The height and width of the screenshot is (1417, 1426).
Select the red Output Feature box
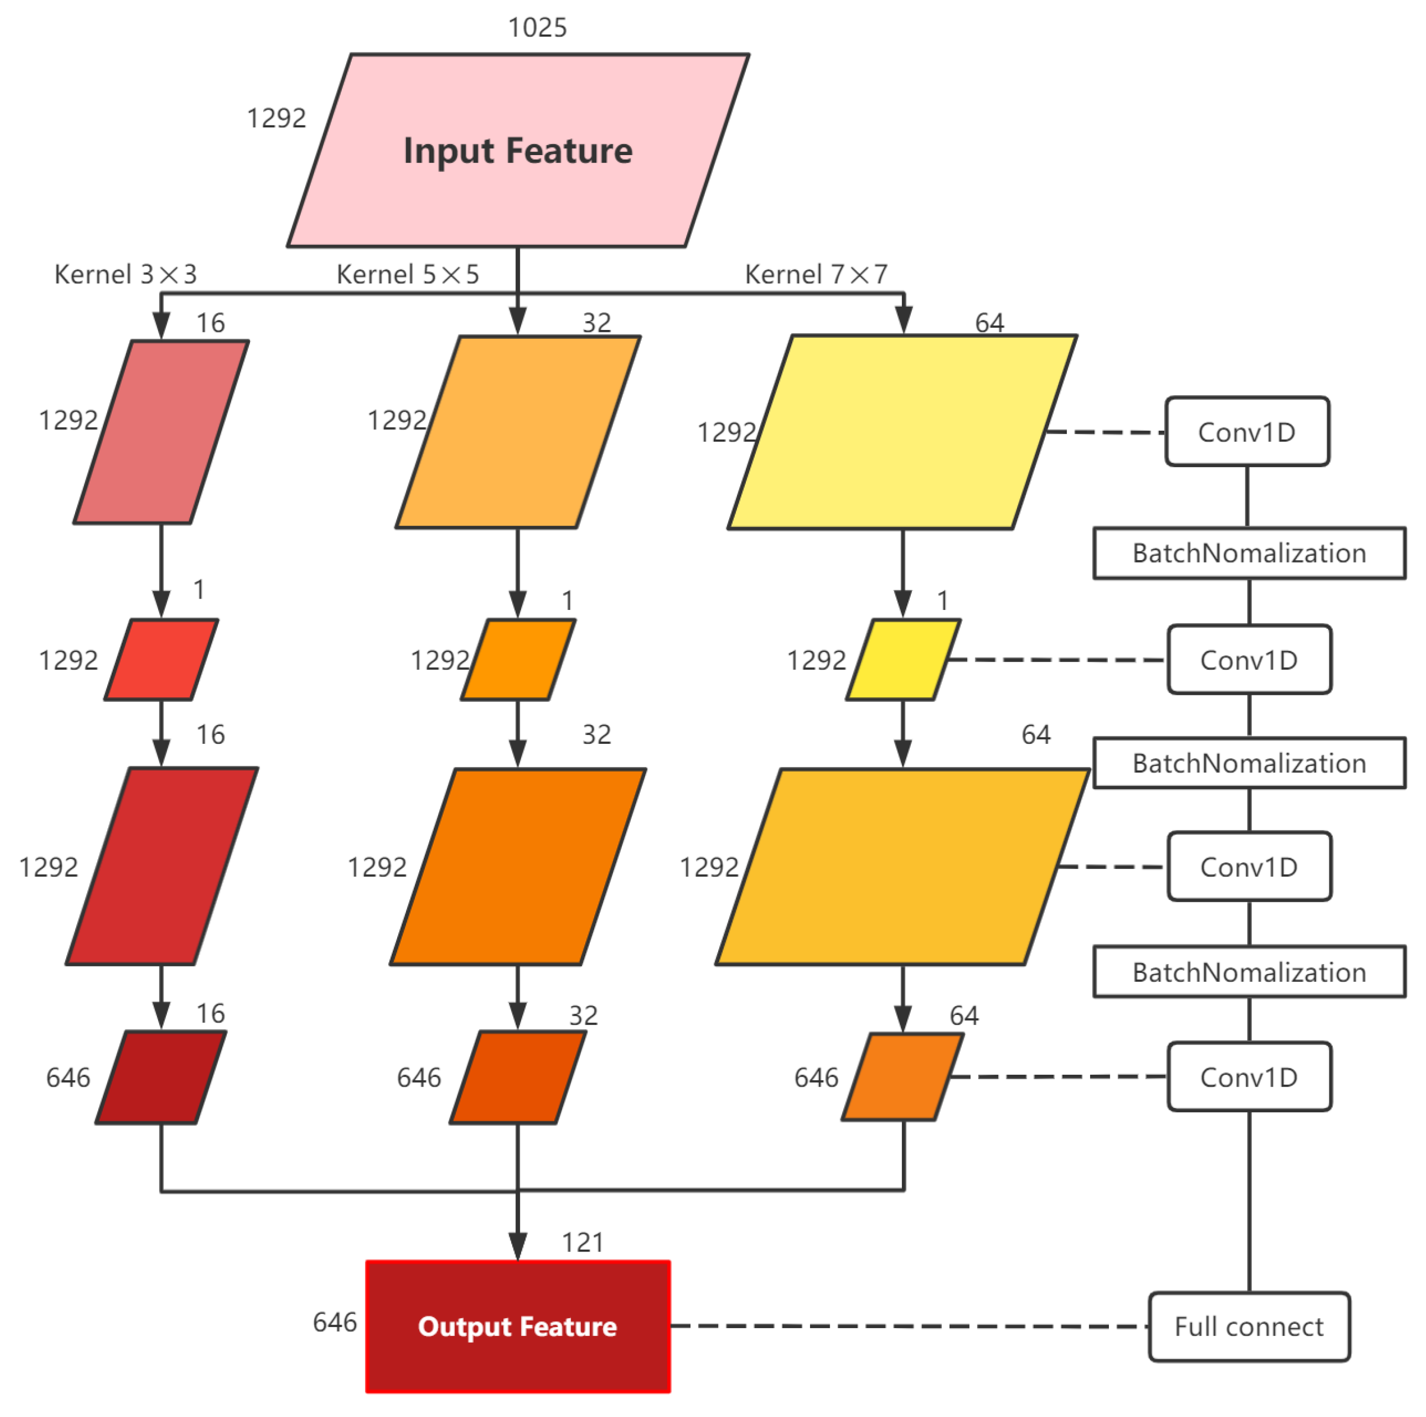[x=518, y=1326]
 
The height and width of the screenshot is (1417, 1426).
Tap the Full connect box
[x=1249, y=1326]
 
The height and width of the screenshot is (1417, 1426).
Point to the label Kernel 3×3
[x=125, y=275]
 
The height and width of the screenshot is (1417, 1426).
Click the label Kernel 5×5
[x=407, y=275]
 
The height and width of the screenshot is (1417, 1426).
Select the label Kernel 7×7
[x=815, y=275]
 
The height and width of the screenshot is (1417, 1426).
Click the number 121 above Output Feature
[x=582, y=1243]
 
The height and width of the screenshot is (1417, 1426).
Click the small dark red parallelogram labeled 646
[x=161, y=1078]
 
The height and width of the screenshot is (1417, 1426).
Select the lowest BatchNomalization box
[x=1249, y=972]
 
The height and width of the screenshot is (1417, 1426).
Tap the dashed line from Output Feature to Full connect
[x=908, y=1326]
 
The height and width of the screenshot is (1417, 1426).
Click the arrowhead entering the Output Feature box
[x=518, y=1247]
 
